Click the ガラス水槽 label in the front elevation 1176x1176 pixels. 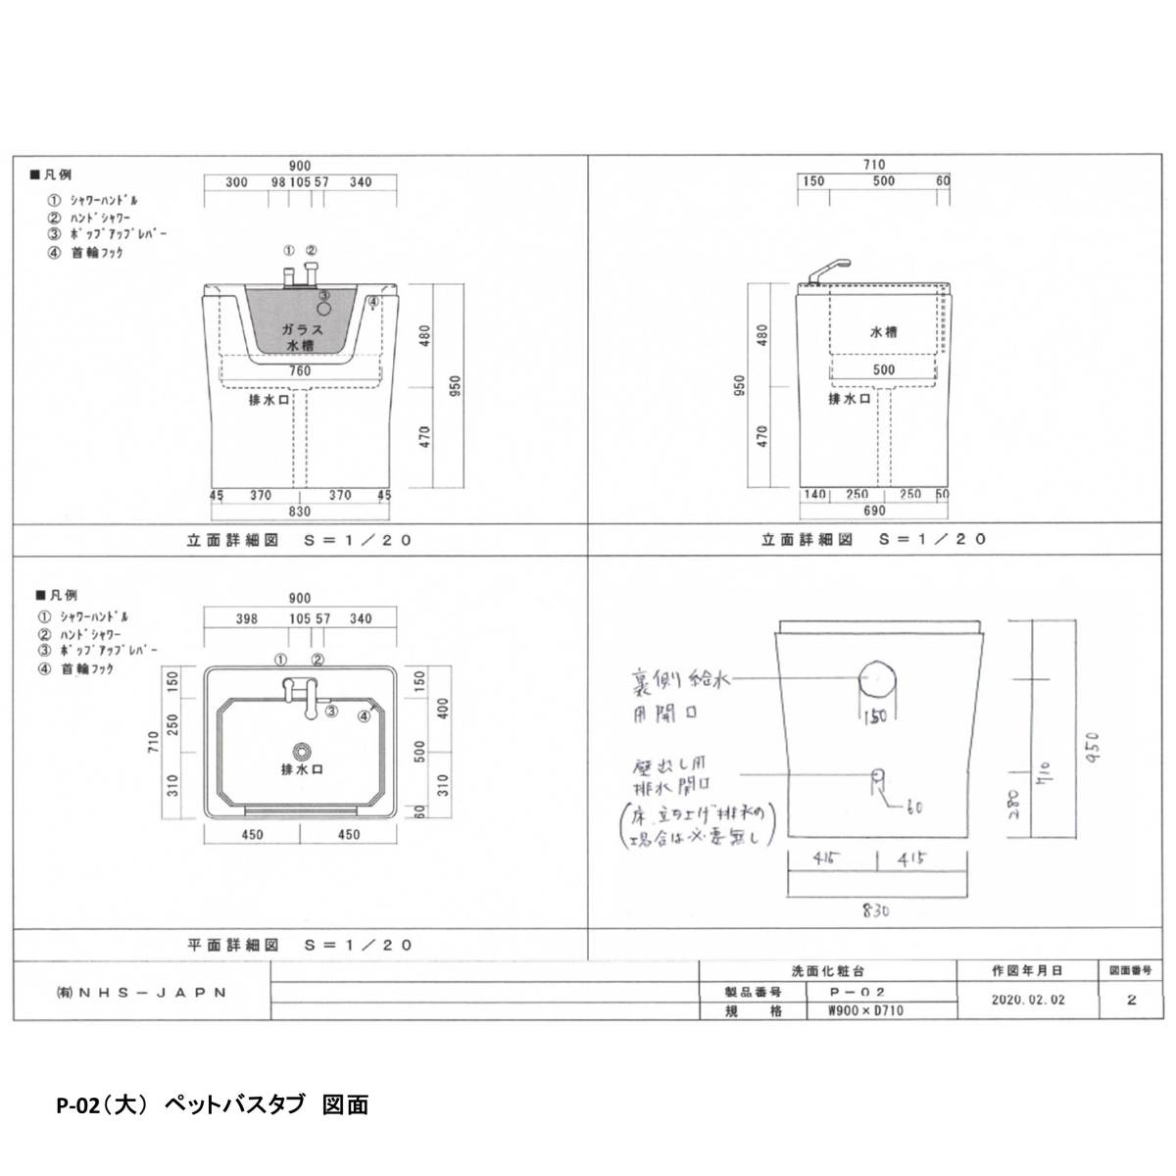300,338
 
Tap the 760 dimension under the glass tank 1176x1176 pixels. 300,371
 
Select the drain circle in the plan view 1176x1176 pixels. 304,751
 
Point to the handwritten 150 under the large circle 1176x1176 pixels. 875,716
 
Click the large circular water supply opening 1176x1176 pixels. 876,679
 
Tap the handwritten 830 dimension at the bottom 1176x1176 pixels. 875,910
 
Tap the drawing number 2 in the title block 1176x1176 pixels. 1132,1001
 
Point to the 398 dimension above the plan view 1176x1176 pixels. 246,618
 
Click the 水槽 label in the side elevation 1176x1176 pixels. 884,332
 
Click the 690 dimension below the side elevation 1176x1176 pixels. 874,511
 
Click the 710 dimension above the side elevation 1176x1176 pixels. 874,166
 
